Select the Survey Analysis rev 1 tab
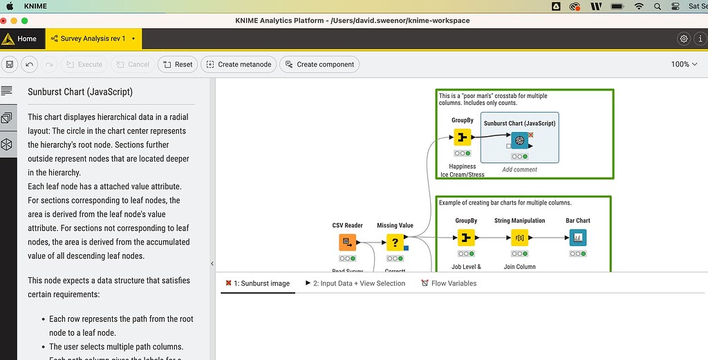[93, 39]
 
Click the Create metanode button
[239, 64]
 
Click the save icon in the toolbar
[10, 64]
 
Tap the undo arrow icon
[29, 64]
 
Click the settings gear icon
[684, 39]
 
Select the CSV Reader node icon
[347, 243]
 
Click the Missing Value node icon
[395, 243]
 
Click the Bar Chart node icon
[577, 238]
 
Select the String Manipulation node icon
[519, 238]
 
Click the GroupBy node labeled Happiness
[463, 137]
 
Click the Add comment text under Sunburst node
[519, 169]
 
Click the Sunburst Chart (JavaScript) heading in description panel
[80, 91]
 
